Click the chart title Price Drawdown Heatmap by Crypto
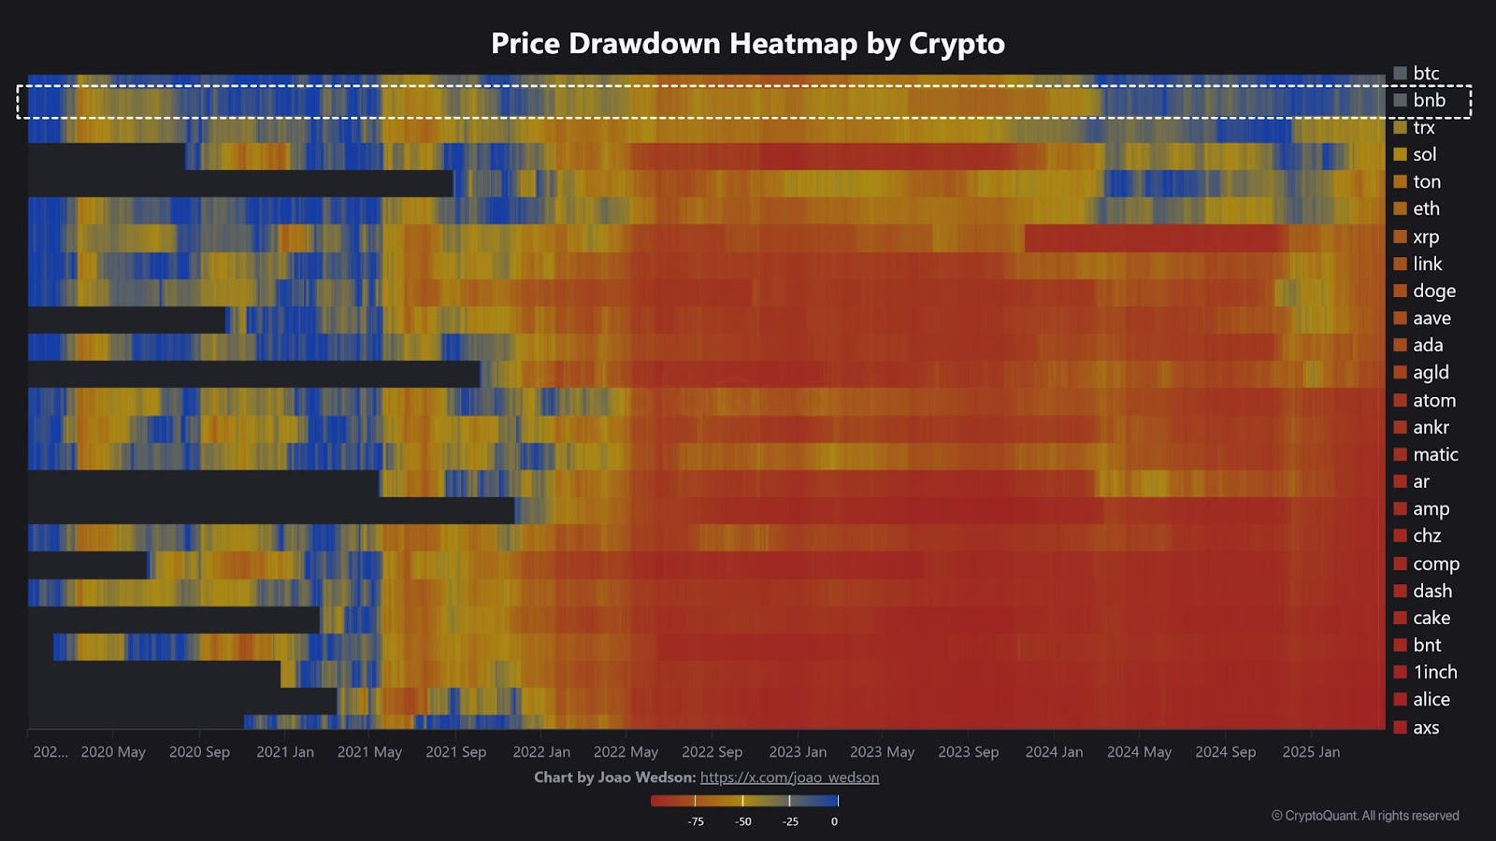(748, 44)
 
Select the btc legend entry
(1425, 73)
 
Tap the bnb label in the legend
(1429, 100)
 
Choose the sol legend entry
(1424, 154)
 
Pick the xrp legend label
(1425, 236)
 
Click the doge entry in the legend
(1433, 291)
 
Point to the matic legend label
(1434, 454)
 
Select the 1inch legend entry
(1434, 672)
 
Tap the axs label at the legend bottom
(1425, 727)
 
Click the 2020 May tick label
(113, 751)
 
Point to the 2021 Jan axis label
(285, 751)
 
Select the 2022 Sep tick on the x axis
(712, 751)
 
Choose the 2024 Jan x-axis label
(1054, 751)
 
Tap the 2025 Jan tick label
(1311, 751)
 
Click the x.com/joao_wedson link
(789, 777)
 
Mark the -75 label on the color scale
(696, 821)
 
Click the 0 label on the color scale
(834, 821)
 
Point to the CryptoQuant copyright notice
(1365, 816)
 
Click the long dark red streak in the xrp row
(1156, 238)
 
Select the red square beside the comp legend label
(1400, 563)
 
